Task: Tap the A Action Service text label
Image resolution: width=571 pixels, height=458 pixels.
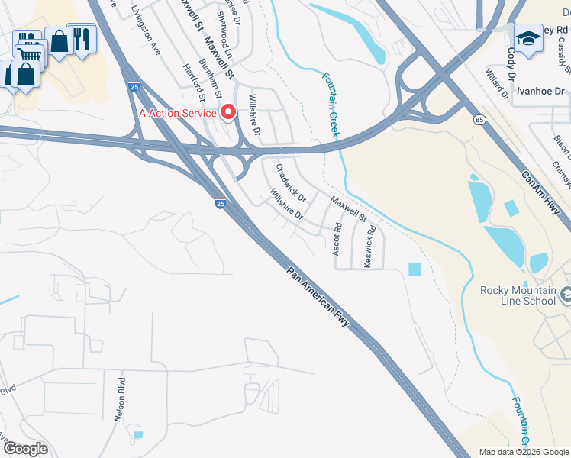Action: [178, 113]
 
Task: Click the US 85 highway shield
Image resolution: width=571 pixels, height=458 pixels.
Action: [479, 120]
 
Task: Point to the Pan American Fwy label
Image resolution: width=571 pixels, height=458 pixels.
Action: [319, 298]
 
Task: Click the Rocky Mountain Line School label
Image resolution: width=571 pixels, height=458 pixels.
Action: [518, 295]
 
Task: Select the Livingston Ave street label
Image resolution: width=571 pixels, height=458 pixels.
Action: [146, 31]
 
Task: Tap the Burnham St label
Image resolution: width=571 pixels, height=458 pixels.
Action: [210, 79]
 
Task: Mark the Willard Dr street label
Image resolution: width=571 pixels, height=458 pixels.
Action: [497, 85]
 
